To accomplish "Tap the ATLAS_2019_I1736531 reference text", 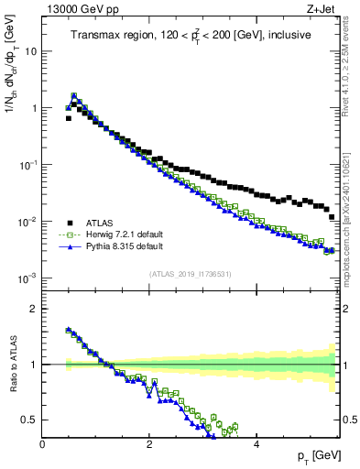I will pos(190,273).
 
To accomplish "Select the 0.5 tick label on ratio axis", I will pos(30,420).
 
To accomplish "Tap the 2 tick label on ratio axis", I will pos(35,309).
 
